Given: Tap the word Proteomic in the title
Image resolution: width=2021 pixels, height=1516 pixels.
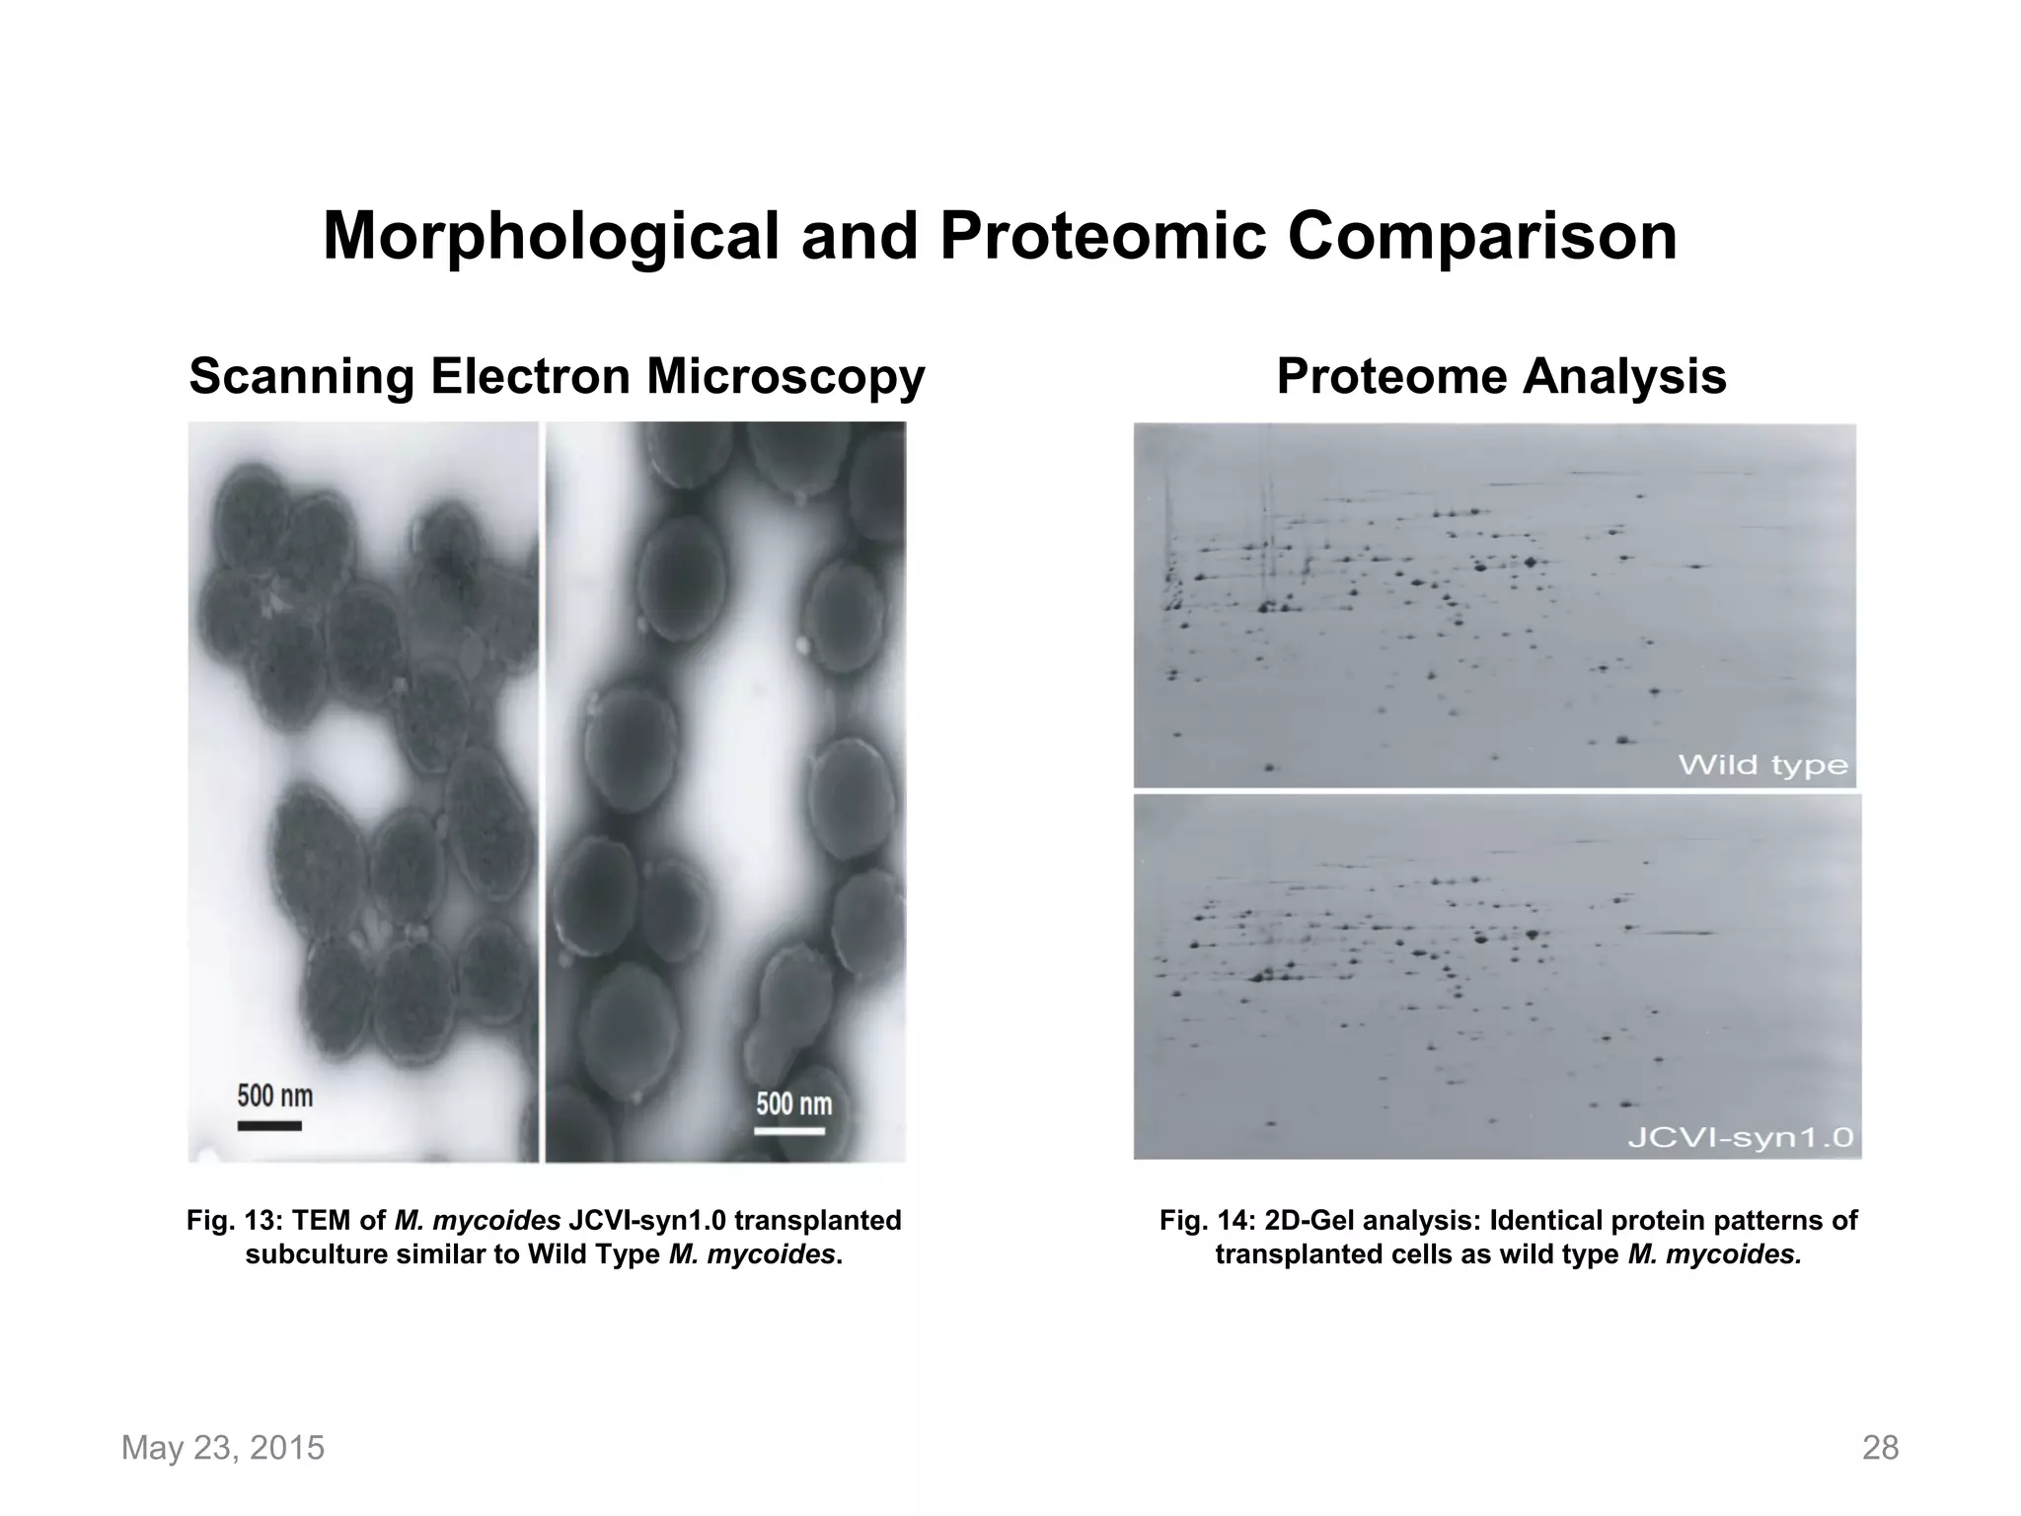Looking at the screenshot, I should [1101, 238].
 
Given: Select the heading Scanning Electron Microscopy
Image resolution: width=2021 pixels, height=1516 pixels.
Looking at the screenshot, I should [557, 377].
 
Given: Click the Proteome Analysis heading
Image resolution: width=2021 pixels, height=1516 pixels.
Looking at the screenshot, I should [1501, 377].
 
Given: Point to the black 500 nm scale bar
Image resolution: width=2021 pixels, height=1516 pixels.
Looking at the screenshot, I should [269, 1125].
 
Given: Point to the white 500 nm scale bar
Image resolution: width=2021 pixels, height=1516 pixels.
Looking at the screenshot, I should [789, 1130].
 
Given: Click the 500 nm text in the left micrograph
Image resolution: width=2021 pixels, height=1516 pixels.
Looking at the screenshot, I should [274, 1096].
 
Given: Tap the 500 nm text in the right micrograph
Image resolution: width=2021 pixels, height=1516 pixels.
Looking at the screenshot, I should [793, 1102].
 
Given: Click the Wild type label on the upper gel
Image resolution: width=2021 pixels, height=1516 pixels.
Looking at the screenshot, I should [1762, 765].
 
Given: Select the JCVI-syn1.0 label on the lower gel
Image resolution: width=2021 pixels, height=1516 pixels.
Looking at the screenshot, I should [1740, 1138].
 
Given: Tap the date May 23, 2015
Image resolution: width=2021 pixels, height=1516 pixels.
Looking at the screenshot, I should [222, 1448].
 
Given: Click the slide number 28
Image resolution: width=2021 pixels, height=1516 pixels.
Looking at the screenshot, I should [1880, 1448].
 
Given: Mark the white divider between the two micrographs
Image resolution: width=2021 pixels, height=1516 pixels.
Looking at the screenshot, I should [542, 790].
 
